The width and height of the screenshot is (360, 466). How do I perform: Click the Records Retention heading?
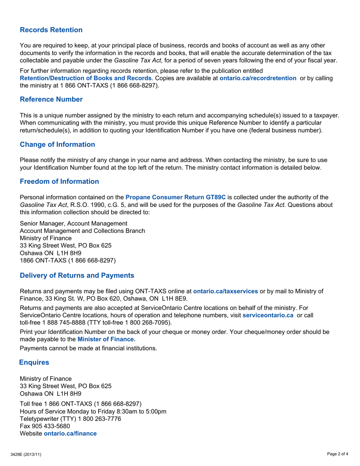coord(51,30)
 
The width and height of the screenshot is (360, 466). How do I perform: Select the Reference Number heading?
coord(51,99)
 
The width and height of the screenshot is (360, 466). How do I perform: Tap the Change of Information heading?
coord(57,144)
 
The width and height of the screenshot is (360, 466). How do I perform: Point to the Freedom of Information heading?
coord(59,181)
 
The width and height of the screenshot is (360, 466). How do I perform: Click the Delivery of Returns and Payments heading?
coord(77,275)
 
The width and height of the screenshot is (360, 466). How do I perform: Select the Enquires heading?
coord(34,362)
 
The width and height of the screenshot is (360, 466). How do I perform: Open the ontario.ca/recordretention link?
coord(258,78)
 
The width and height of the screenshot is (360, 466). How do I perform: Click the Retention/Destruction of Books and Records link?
coord(86,78)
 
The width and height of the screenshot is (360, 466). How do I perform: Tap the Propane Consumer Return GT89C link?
coord(175,197)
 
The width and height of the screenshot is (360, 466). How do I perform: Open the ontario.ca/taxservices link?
coord(225,291)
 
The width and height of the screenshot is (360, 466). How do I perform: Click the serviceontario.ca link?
coord(268,315)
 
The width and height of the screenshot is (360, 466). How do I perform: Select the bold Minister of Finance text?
coord(106,339)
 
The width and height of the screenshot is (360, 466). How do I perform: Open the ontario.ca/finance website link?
coord(70,433)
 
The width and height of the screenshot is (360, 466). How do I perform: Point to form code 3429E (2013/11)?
coord(26,454)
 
